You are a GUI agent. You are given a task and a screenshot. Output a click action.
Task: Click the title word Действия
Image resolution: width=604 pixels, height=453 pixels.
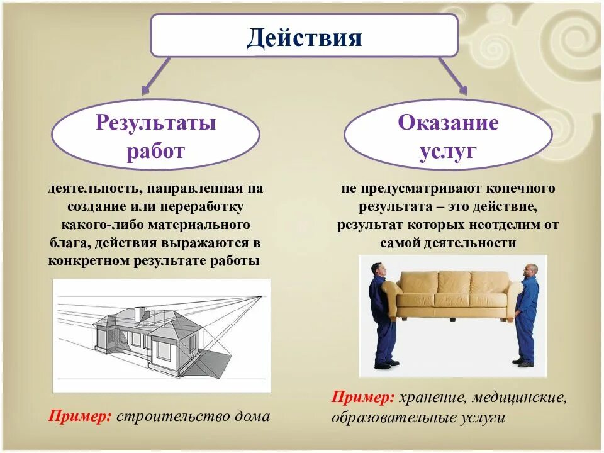(304, 38)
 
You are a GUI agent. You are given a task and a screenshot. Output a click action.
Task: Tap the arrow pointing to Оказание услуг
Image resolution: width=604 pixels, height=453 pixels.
(452, 76)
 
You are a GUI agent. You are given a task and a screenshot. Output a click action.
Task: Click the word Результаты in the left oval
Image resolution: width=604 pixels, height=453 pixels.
(155, 122)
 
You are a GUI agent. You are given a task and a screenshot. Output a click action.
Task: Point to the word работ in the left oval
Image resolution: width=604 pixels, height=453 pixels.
(155, 152)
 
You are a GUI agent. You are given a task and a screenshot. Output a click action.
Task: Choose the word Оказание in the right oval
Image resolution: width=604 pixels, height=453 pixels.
(448, 122)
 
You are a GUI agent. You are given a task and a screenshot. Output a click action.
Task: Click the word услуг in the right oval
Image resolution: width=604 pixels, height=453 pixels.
(448, 152)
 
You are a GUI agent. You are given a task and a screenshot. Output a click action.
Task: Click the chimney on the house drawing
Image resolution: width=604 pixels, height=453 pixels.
(140, 313)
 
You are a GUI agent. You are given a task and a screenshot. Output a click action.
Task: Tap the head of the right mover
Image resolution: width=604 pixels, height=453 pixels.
(531, 270)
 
